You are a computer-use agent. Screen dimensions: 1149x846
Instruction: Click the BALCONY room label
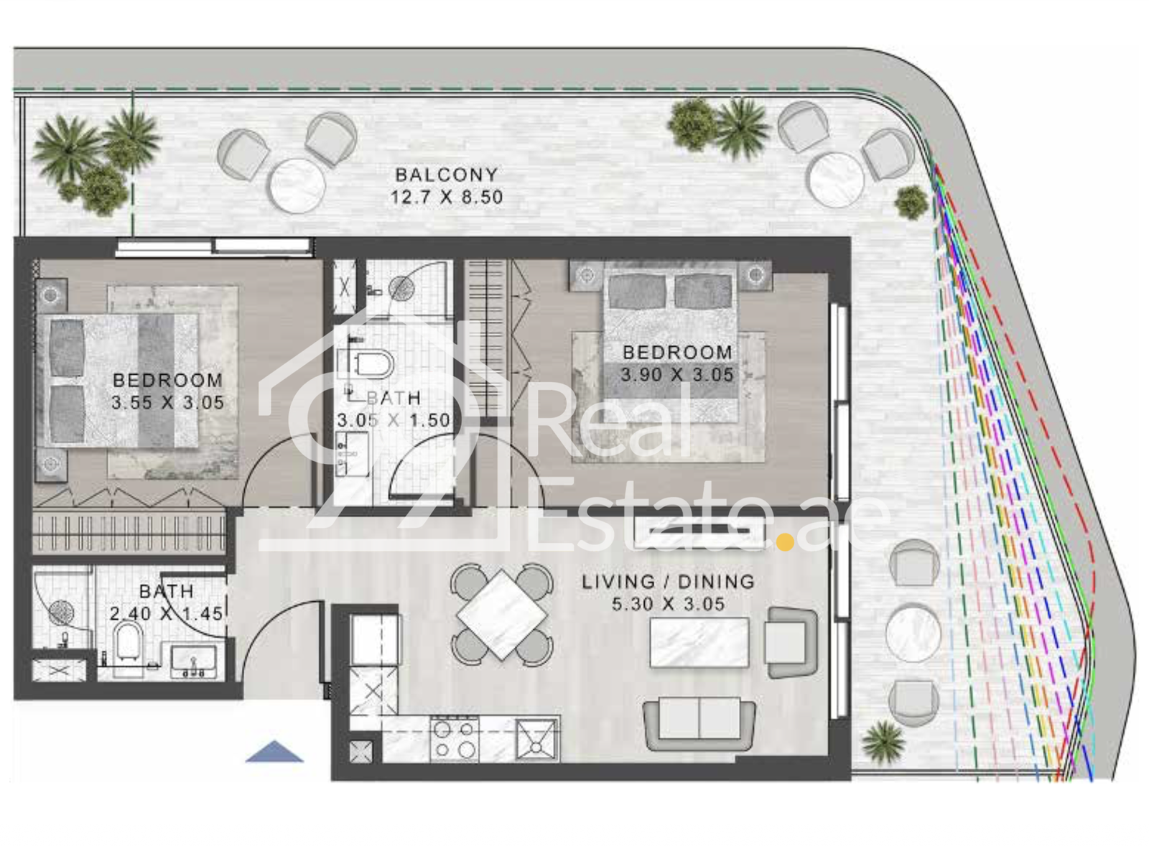point(447,175)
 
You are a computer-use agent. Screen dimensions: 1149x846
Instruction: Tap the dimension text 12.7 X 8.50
point(447,197)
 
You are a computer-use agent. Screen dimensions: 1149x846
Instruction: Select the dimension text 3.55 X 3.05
point(168,403)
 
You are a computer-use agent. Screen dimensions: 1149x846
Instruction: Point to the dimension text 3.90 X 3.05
point(677,374)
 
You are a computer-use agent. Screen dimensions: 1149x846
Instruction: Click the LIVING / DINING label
point(669,582)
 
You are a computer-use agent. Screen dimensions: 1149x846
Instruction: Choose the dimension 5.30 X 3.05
point(669,604)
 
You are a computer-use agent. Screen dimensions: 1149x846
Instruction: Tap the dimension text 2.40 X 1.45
point(166,613)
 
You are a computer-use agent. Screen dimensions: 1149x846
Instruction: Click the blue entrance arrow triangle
point(274,752)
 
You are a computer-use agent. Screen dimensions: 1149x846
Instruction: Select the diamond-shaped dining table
point(502,614)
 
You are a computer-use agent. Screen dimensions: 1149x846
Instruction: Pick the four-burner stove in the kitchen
point(455,739)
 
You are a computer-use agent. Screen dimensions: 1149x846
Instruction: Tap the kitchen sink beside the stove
point(536,739)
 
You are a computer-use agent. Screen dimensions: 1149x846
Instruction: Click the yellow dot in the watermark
point(786,541)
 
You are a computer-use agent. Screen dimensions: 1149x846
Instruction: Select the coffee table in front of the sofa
point(699,642)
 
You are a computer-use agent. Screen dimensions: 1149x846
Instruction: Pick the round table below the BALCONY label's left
point(297,185)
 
